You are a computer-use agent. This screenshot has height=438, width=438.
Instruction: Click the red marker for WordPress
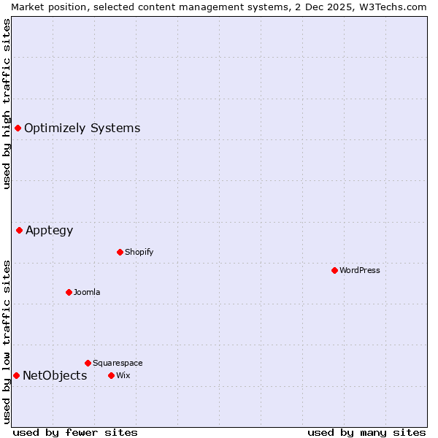334,270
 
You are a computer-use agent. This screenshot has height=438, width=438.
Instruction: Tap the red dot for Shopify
120,252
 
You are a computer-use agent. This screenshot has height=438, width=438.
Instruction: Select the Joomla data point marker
69,292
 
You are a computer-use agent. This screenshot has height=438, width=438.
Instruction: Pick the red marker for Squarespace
88,363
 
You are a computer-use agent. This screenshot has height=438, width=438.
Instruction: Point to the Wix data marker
111,375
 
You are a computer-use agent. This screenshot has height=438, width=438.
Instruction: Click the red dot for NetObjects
16,375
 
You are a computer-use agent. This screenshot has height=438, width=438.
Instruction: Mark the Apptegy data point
19,230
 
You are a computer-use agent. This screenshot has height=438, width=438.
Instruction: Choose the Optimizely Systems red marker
18,128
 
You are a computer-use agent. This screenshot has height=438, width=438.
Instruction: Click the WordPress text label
360,270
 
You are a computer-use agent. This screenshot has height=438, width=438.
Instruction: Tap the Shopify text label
139,252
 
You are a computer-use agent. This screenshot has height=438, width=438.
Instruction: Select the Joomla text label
87,292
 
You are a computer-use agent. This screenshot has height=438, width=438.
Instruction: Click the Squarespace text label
118,363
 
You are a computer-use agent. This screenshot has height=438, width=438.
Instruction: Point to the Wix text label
123,375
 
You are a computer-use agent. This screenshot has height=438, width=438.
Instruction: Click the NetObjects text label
55,375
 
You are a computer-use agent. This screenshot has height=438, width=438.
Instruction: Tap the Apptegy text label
49,231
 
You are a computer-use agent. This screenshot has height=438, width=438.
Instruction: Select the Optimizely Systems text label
82,128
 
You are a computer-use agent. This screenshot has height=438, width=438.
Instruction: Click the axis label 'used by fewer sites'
75,432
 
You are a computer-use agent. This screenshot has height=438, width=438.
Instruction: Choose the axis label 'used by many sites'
366,432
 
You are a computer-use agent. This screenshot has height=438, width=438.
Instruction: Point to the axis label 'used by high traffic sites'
7,104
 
